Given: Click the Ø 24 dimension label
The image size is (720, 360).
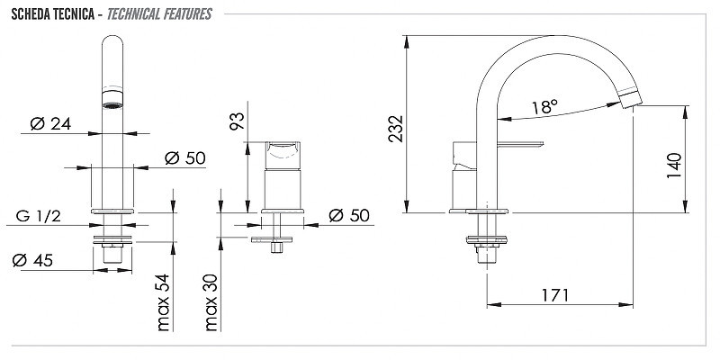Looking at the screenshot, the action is click(50, 123).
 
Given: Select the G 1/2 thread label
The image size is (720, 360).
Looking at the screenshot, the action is click(38, 216).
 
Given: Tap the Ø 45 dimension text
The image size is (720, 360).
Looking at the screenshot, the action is click(32, 260).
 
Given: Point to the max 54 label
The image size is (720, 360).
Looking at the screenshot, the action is click(164, 302).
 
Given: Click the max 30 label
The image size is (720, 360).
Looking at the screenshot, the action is click(211, 302).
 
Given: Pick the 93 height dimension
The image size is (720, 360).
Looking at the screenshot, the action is click(238, 121).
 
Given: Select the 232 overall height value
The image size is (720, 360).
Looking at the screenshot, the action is click(396, 129).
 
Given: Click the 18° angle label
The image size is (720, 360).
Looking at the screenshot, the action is click(545, 107).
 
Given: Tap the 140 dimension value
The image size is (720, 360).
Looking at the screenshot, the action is click(674, 166).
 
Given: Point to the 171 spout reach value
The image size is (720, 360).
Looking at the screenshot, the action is click(554, 295).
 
